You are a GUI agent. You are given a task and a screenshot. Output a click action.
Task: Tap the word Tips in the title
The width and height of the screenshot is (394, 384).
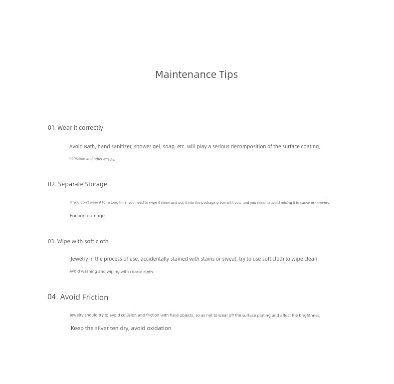(228, 75)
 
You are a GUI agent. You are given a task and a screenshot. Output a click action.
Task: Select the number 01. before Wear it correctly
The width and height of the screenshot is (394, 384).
(51, 128)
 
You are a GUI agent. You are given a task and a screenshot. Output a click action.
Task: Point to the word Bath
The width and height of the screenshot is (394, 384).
(89, 147)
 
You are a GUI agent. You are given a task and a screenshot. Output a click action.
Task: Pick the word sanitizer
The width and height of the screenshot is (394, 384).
(122, 147)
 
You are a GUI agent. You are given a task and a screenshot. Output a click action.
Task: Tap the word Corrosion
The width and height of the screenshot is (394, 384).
(77, 159)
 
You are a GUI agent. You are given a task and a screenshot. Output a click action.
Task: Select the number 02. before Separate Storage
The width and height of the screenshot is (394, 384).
(52, 184)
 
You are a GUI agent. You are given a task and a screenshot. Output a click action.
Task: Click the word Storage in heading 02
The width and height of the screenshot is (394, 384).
(96, 184)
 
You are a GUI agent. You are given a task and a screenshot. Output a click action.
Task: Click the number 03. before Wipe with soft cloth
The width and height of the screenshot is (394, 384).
(51, 241)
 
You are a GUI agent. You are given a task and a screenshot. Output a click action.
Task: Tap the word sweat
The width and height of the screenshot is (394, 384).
(229, 259)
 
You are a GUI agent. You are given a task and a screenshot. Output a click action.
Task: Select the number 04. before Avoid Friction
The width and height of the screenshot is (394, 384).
(52, 297)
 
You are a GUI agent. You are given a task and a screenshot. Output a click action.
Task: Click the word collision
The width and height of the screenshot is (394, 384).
(129, 316)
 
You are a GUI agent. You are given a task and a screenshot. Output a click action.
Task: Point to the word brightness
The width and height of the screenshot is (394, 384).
(309, 316)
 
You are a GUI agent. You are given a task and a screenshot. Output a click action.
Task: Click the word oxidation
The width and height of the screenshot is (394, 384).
(159, 329)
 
